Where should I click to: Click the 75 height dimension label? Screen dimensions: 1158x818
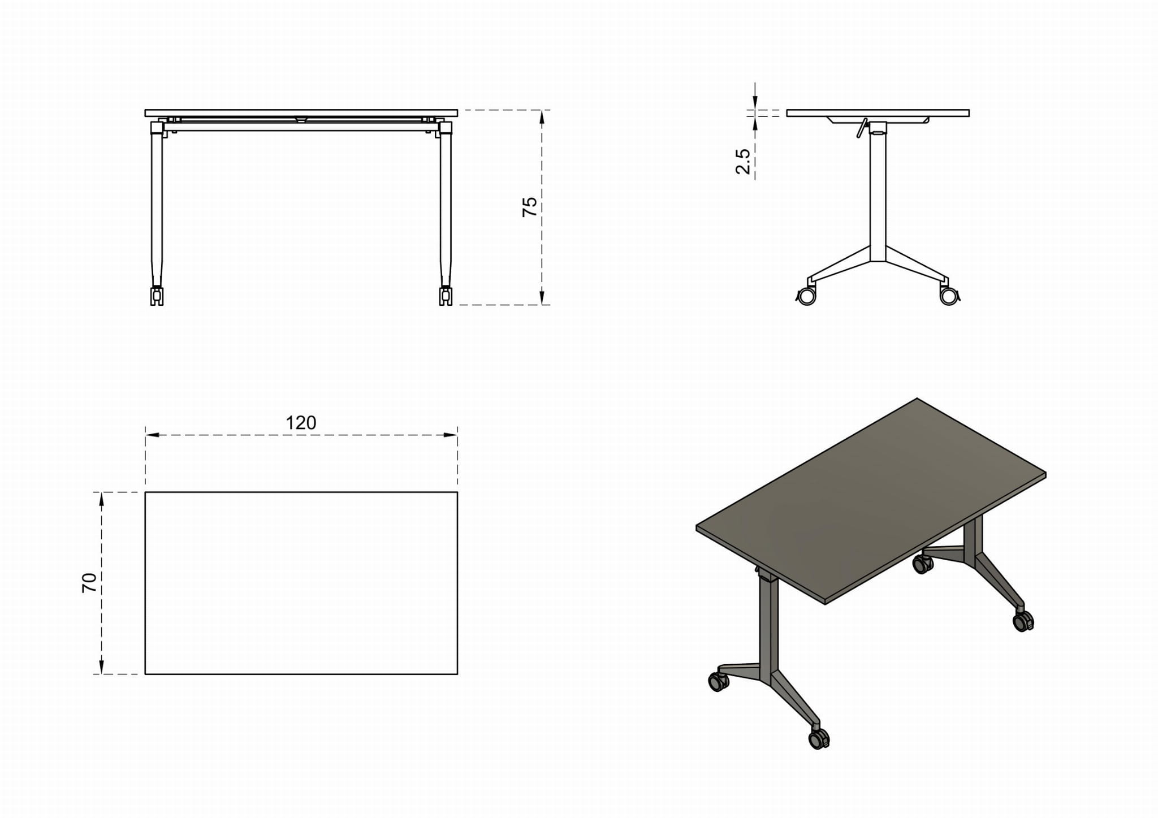coord(529,207)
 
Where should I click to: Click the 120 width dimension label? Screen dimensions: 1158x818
coord(301,423)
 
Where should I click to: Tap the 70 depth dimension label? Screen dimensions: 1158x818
coord(89,582)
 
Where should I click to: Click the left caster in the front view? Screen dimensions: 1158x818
coord(157,296)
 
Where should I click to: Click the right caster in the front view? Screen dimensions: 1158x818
coord(446,296)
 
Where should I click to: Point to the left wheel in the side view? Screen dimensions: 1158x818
coord(806,296)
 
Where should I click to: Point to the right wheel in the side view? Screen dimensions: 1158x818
coord(949,296)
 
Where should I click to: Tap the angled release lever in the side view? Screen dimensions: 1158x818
coord(861,128)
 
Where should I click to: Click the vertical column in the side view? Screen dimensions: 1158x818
coord(878,192)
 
